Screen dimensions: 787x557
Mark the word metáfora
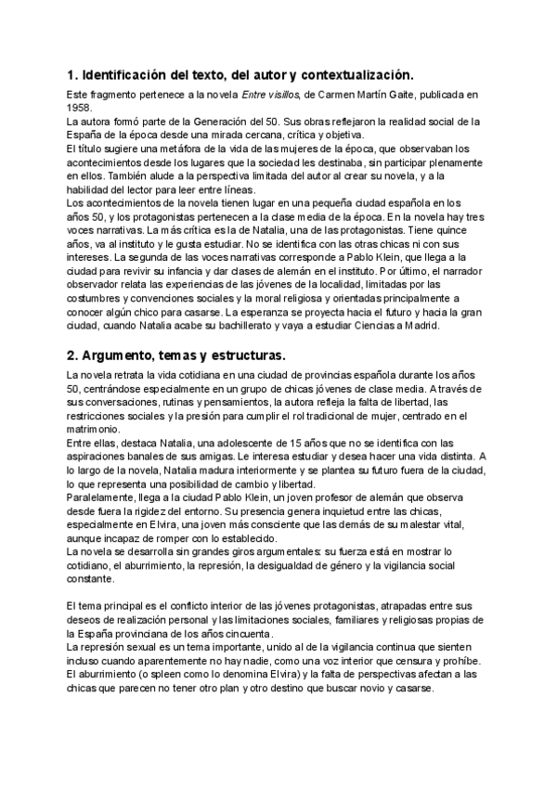(x=184, y=148)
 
